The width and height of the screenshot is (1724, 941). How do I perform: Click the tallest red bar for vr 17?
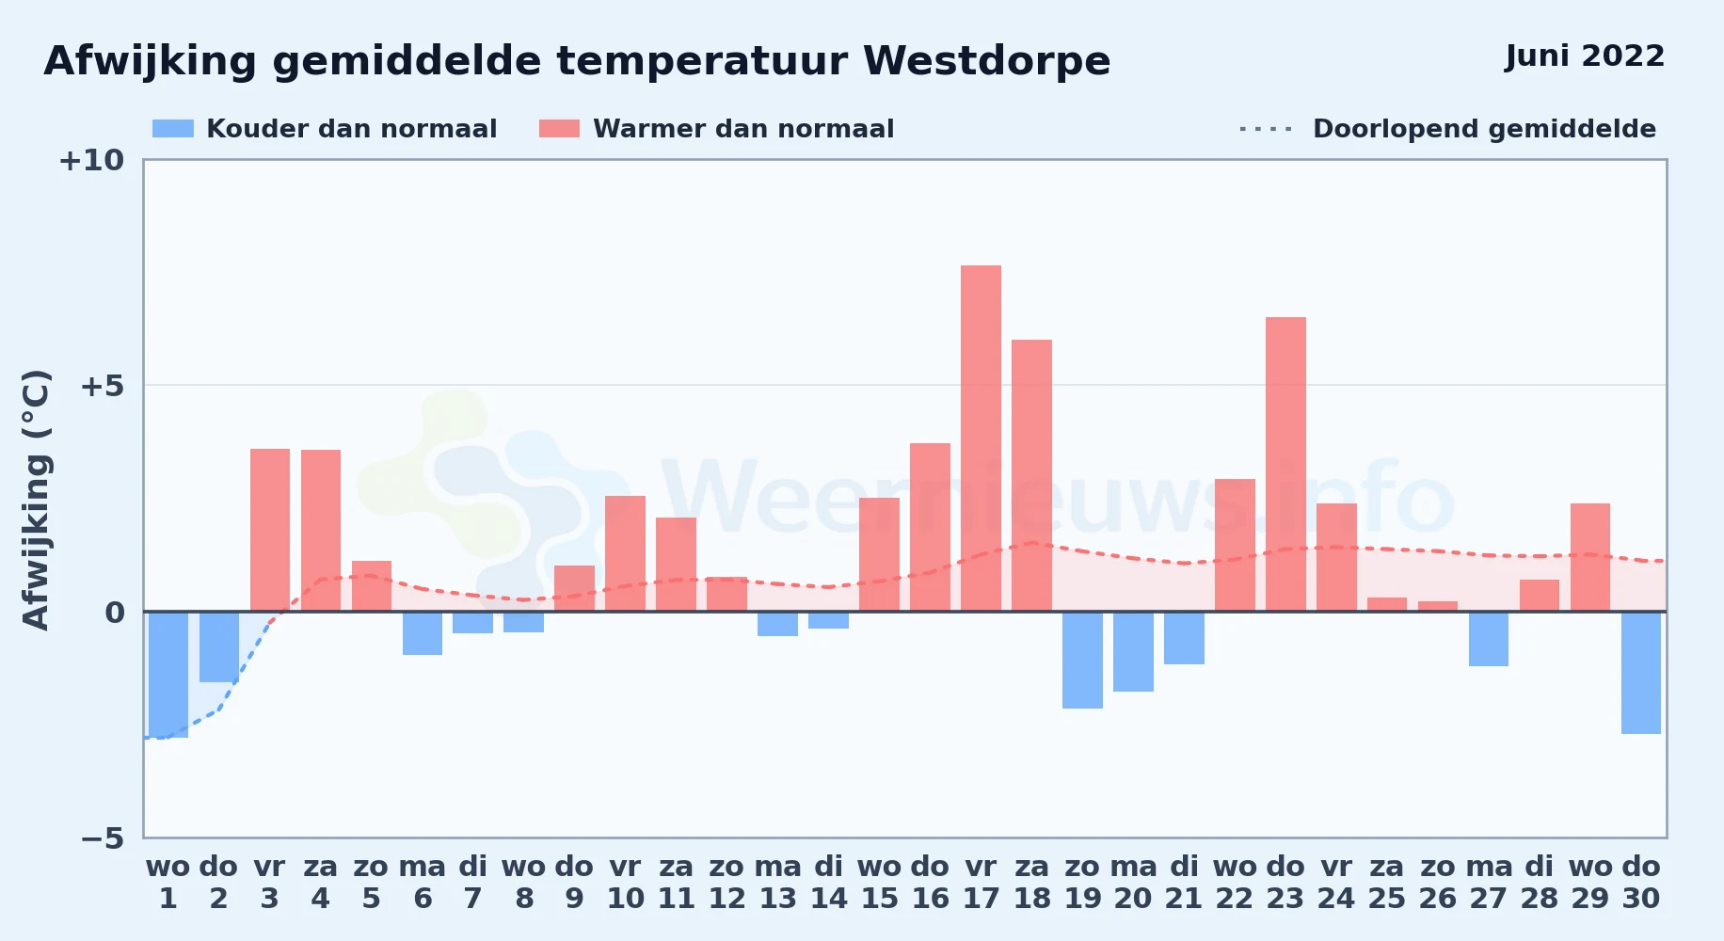(981, 439)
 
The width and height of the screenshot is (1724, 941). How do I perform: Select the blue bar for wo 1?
(168, 675)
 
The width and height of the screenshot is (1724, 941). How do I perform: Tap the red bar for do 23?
(1285, 464)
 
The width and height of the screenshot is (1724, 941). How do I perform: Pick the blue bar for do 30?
(1641, 673)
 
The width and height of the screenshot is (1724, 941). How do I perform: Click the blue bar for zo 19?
(1082, 660)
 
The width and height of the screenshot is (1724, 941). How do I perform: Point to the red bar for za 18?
(1031, 475)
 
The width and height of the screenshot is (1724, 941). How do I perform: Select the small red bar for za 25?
(1387, 604)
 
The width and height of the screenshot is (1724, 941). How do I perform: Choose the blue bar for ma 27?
(1489, 639)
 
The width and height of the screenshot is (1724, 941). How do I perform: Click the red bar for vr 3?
(270, 530)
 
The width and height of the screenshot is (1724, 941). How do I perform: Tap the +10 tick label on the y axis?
(91, 160)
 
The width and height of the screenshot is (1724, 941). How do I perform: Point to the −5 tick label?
(102, 837)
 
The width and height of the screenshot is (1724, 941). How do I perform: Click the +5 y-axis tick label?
(102, 386)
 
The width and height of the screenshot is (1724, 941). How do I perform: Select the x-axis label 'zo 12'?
(726, 882)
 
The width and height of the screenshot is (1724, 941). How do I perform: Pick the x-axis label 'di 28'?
(1540, 882)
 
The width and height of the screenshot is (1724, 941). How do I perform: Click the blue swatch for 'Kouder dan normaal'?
(173, 129)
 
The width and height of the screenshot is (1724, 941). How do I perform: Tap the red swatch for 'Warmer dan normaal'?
(559, 129)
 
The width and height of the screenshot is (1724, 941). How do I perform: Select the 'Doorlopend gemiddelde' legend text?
(1484, 129)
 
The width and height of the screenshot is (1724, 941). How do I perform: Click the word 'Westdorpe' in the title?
(986, 61)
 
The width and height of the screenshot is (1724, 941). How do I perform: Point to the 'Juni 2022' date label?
(1585, 56)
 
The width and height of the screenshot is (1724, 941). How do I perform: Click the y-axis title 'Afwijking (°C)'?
(36, 500)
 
